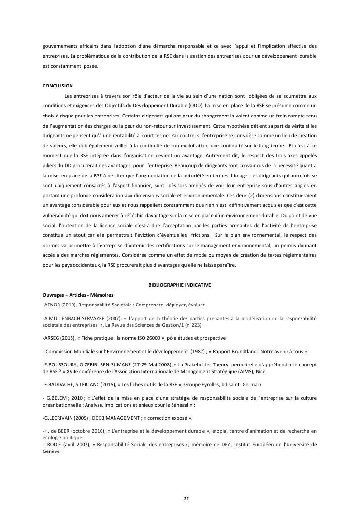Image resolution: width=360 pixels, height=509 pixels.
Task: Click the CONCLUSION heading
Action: pyautogui.click(x=58, y=86)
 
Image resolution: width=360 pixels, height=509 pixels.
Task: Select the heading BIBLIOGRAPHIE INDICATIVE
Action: pyautogui.click(x=179, y=285)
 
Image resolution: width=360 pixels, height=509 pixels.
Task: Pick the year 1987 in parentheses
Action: pyautogui.click(x=196, y=351)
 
